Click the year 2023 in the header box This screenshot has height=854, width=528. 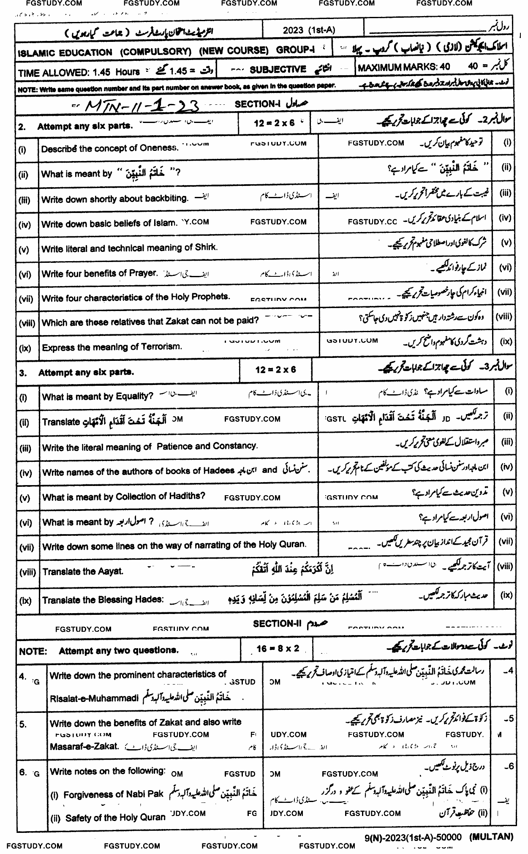tap(293, 30)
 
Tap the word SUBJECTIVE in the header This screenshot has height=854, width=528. tap(278, 69)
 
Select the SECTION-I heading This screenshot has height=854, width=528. tap(255, 104)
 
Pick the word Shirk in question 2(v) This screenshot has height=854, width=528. tap(206, 247)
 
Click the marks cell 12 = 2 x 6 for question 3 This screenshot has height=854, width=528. tap(276, 370)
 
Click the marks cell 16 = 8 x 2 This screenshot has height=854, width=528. tap(278, 649)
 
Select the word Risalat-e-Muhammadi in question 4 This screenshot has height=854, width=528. tap(95, 698)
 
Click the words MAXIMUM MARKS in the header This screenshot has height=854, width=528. tap(398, 67)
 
